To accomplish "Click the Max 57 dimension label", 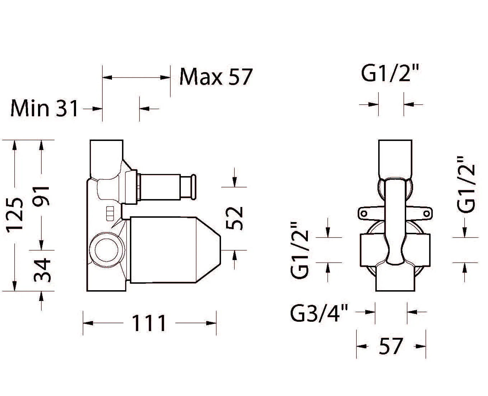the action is pyautogui.click(x=216, y=77).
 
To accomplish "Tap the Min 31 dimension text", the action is pyautogui.click(x=44, y=108).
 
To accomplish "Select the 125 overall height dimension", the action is pyautogui.click(x=14, y=215).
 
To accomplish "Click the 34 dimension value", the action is pyautogui.click(x=42, y=270).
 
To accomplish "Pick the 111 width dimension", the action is pyautogui.click(x=149, y=323).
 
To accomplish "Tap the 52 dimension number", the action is pyautogui.click(x=234, y=218).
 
